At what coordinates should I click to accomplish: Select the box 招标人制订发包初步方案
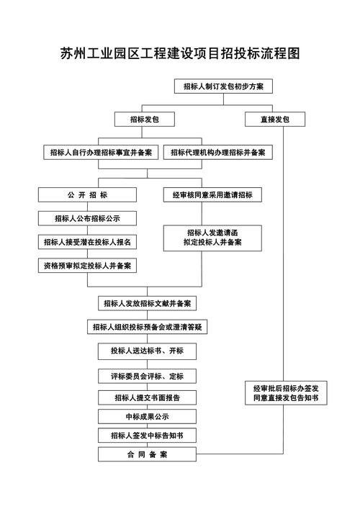click(222, 86)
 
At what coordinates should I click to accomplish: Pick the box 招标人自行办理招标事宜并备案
click(100, 153)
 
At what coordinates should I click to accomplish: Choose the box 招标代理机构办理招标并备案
click(217, 153)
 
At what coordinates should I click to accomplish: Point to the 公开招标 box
click(87, 195)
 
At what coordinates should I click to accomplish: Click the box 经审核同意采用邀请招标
click(212, 195)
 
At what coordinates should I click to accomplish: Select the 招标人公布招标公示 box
click(87, 218)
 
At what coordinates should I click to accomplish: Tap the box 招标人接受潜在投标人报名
click(87, 242)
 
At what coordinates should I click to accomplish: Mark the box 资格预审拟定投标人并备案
click(87, 266)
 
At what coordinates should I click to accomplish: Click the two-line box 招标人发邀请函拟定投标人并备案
click(212, 238)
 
